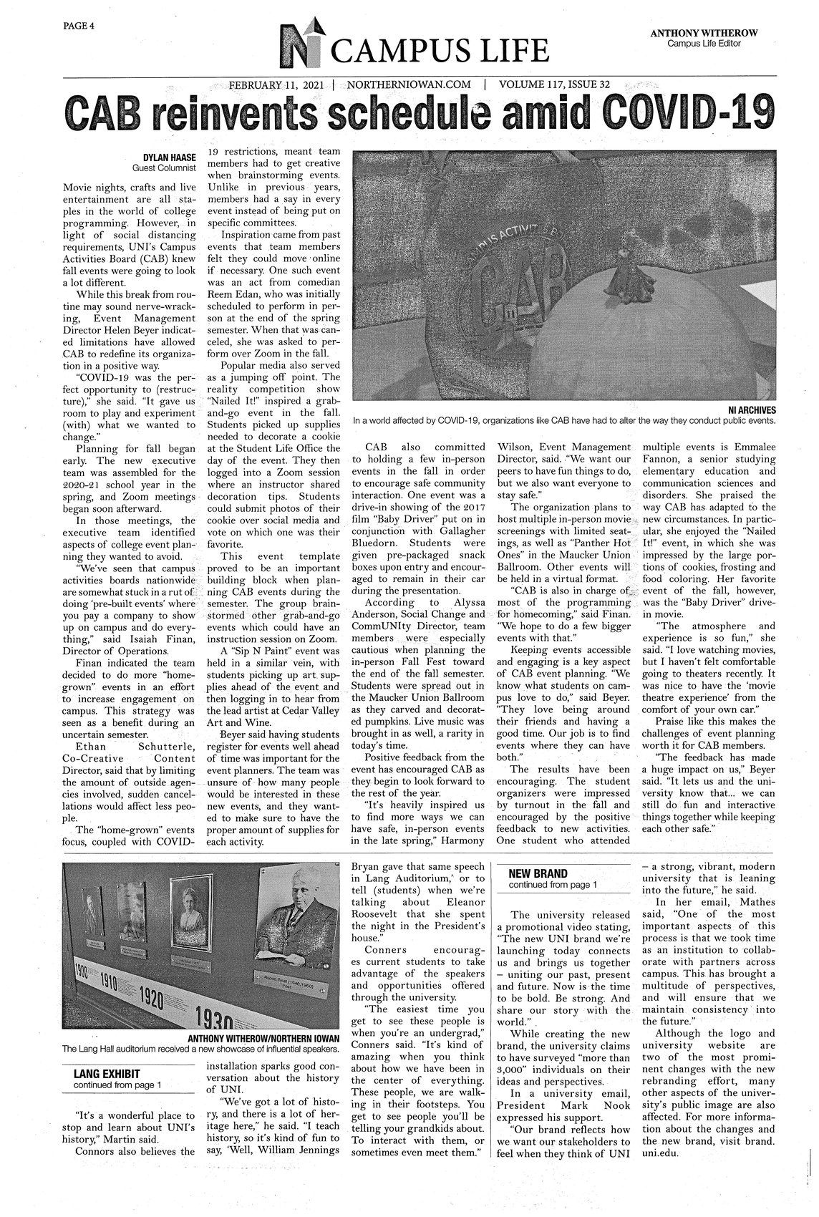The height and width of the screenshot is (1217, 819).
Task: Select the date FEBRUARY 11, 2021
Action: tap(276, 84)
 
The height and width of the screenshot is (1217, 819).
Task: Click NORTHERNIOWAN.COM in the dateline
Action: tap(408, 84)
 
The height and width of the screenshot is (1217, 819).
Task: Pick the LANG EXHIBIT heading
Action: tap(106, 1074)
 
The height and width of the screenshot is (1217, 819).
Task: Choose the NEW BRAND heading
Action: tap(538, 873)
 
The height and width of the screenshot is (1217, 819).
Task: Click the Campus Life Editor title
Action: tap(704, 44)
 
